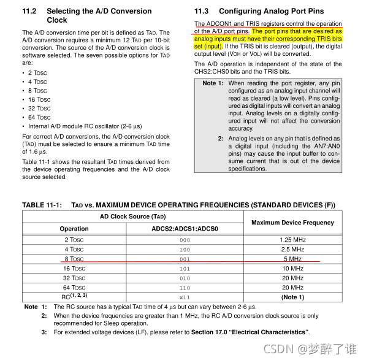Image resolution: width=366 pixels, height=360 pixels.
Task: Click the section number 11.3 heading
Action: [x=202, y=11]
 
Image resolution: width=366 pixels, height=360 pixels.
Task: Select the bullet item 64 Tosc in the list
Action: [x=39, y=117]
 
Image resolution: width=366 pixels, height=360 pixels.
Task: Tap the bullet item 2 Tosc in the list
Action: [x=37, y=72]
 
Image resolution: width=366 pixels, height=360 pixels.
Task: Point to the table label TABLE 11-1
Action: [x=42, y=205]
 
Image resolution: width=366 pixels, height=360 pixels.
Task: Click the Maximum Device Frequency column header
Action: [x=292, y=223]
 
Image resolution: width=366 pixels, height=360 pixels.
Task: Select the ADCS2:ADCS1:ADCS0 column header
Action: [x=185, y=229]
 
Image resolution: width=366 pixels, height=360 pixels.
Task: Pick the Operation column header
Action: [x=74, y=229]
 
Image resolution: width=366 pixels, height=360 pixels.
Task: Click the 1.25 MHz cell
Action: [x=292, y=240]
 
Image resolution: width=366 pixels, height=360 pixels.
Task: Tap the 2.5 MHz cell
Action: [x=292, y=250]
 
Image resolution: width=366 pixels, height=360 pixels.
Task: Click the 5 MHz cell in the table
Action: [x=292, y=259]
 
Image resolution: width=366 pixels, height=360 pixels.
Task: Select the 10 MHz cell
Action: [x=292, y=269]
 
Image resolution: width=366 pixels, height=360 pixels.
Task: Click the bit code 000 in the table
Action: [x=185, y=240]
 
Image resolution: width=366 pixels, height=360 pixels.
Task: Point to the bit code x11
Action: [x=185, y=297]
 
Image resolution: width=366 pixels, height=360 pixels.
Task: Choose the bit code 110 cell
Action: [x=185, y=288]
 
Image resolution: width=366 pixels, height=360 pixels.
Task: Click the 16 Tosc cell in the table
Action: [x=74, y=269]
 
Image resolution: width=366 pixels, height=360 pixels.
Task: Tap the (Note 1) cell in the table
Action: [x=292, y=297]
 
